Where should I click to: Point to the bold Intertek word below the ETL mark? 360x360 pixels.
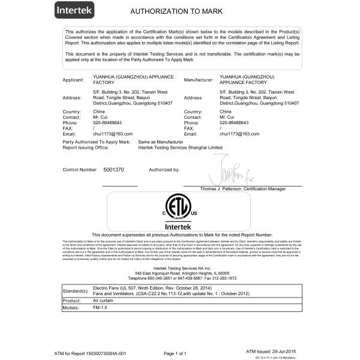coord(180,227)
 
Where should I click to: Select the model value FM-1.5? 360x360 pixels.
coord(101,308)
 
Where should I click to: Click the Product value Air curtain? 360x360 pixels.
coord(104,300)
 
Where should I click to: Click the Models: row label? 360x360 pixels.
coord(72,308)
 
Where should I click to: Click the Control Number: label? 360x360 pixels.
coord(80,170)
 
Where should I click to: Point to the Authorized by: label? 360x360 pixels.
coord(164,170)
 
